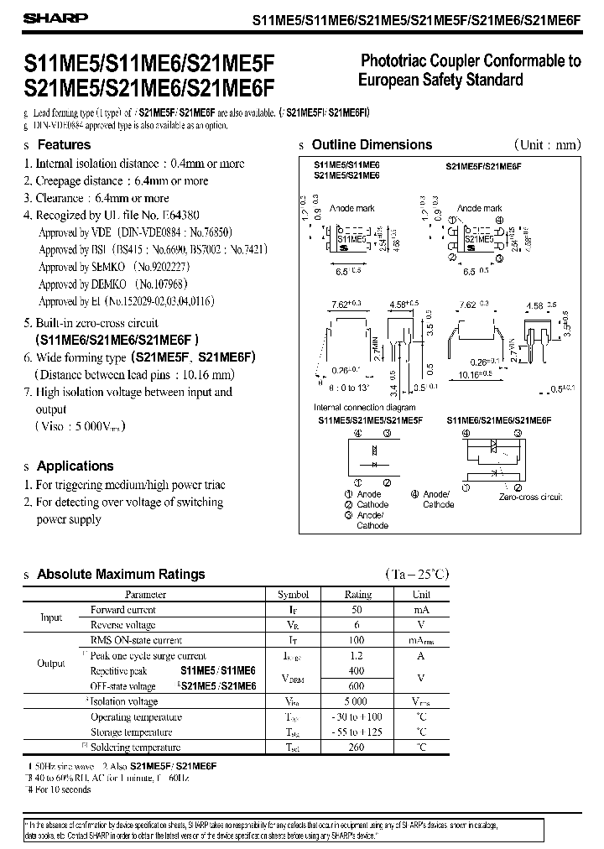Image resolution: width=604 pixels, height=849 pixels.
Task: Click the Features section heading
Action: [x=64, y=144]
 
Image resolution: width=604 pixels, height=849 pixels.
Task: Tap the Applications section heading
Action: [x=75, y=466]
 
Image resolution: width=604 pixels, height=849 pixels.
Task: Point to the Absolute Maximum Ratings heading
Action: [x=121, y=575]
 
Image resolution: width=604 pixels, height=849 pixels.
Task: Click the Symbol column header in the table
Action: [x=293, y=594]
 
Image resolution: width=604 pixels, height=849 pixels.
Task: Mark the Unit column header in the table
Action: [x=420, y=594]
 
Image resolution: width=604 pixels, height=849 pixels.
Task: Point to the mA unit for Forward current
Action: [x=420, y=610]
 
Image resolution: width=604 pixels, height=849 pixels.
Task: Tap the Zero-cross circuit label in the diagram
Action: [x=530, y=497]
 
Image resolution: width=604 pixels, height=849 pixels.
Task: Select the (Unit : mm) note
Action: [x=546, y=144]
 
